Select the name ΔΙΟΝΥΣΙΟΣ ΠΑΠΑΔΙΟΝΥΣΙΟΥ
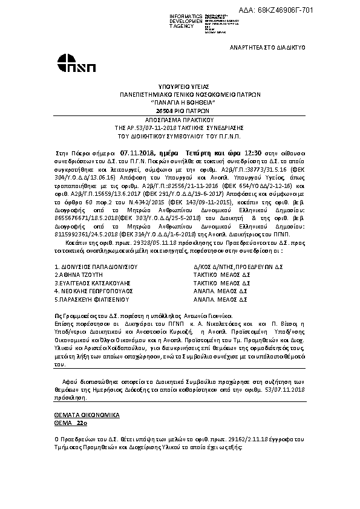[x=97, y=266]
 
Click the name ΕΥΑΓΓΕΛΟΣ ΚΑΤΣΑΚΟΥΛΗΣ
[x=91, y=282]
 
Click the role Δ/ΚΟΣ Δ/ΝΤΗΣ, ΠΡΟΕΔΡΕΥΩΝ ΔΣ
[x=234, y=266]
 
